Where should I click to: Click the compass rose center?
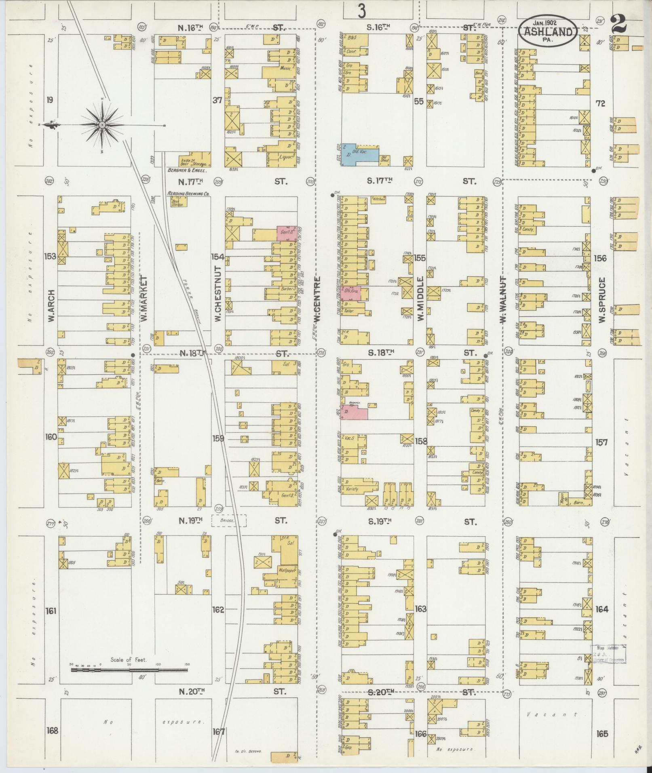pyautogui.click(x=103, y=125)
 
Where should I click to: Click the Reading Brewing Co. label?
pyautogui.click(x=188, y=194)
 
